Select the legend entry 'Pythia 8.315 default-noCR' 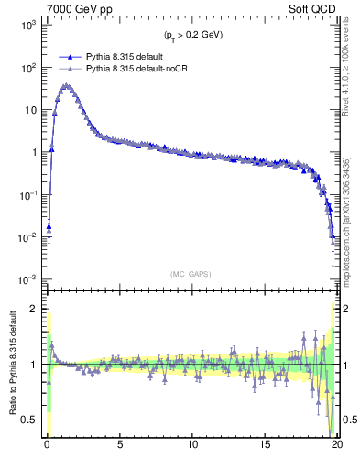point(137,69)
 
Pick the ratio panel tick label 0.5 point(31,420)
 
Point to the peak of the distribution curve point(65,85)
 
